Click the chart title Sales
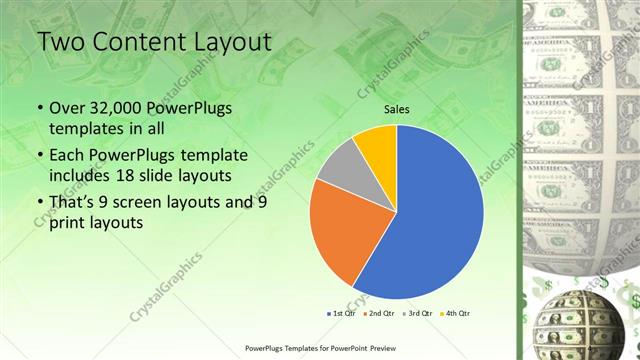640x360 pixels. point(397,110)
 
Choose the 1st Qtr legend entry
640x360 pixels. point(341,313)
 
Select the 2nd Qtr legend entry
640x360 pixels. point(379,313)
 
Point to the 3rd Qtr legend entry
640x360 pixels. point(417,313)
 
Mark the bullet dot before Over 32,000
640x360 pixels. point(39,109)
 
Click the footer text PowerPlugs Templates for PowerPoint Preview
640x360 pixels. point(319,348)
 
